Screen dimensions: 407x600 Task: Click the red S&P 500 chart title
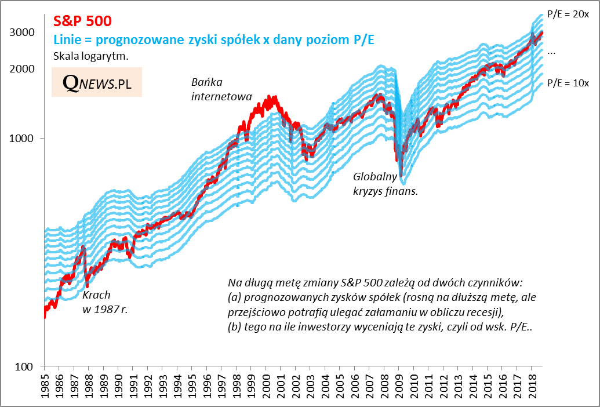click(82, 21)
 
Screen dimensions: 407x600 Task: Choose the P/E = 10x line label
click(568, 83)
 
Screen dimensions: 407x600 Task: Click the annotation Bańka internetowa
click(221, 89)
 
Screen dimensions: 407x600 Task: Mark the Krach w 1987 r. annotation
click(104, 301)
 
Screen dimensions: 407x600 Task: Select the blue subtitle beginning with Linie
click(213, 39)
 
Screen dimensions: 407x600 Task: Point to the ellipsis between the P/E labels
click(551, 52)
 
